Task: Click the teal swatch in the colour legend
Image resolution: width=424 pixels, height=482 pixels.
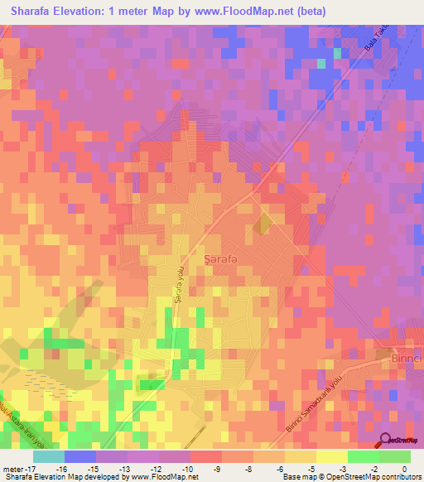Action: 49,456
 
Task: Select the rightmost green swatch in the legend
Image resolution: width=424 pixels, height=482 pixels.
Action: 395,456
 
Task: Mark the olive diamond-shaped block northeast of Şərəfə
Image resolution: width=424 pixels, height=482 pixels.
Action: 263,223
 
